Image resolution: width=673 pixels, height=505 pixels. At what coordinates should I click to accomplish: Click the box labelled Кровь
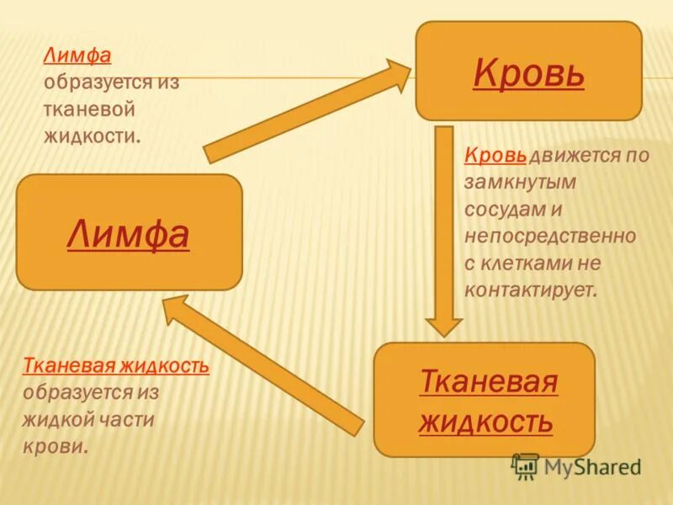(528, 72)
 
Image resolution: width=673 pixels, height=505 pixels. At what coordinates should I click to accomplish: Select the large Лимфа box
(129, 233)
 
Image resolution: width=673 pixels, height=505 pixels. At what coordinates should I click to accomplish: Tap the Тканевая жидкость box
(485, 400)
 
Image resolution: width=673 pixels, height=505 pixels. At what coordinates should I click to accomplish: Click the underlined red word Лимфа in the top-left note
(77, 55)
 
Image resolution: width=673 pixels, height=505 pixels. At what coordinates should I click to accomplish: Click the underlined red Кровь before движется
(496, 156)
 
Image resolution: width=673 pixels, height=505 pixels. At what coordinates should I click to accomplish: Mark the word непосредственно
(550, 236)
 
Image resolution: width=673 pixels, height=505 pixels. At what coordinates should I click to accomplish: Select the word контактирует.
(530, 290)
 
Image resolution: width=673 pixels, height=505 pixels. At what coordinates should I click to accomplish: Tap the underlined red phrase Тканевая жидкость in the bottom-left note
(116, 366)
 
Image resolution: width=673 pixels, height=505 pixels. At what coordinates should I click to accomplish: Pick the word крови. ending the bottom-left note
(56, 447)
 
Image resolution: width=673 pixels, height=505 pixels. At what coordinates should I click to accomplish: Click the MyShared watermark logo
(577, 465)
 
